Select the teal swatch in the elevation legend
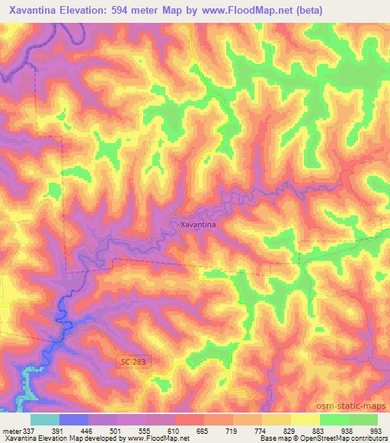(x=45, y=419)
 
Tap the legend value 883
(x=317, y=430)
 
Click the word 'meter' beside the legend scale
(x=11, y=430)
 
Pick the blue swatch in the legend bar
(x=74, y=419)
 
